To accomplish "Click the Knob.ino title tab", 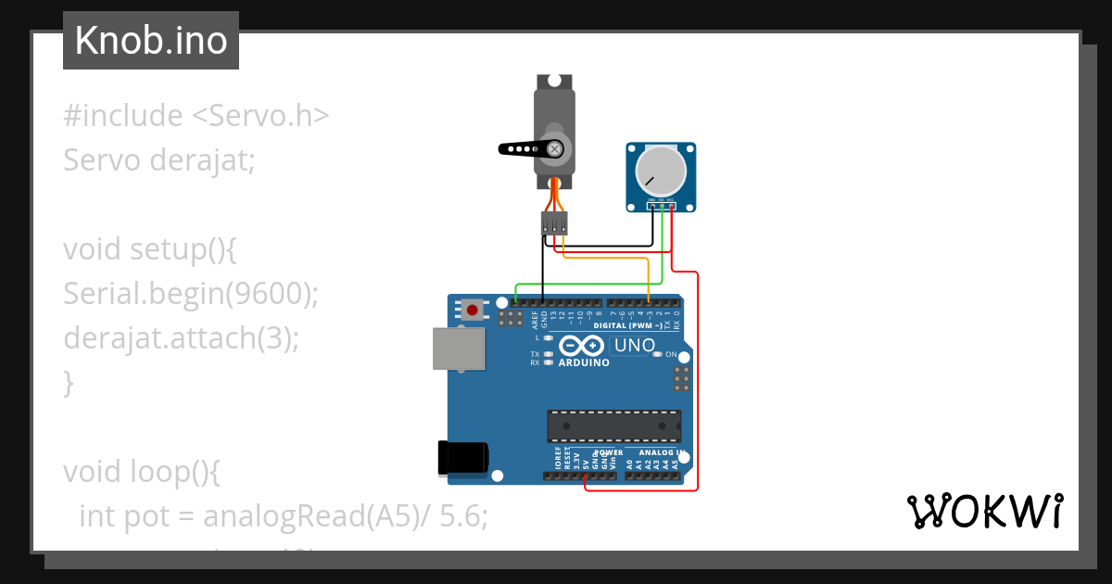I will click(x=150, y=41).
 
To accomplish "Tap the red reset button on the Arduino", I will click(x=474, y=310).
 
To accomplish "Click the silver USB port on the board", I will click(x=458, y=348).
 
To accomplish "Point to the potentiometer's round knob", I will click(x=660, y=171).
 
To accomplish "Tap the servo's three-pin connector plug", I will click(x=554, y=223).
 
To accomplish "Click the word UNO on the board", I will click(x=635, y=347).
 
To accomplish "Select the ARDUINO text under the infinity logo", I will click(x=584, y=363).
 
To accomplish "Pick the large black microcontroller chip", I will click(x=613, y=425).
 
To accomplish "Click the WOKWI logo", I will click(x=984, y=512).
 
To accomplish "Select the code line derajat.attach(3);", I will click(x=181, y=337).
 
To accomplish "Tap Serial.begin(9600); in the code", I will click(x=191, y=293).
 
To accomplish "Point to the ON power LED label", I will click(x=671, y=354).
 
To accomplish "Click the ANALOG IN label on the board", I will click(x=661, y=453).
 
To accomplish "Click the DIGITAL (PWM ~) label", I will click(x=627, y=326).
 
